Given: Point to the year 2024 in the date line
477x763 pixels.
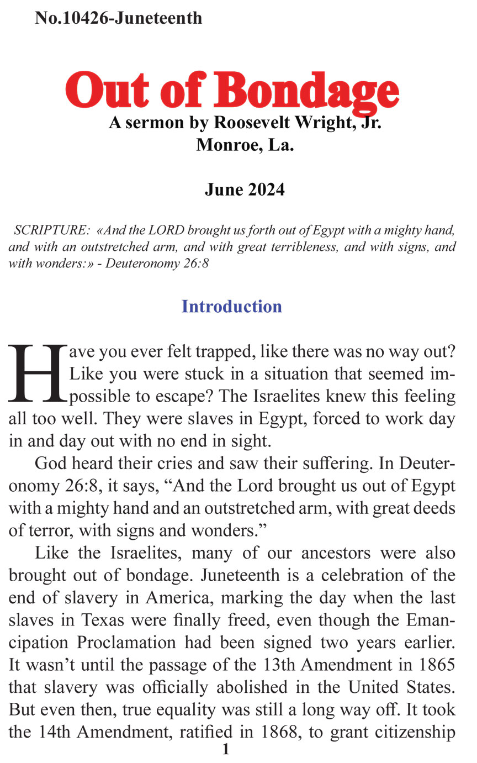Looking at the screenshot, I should point(266,190).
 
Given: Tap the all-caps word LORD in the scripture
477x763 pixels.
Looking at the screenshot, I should point(166,229).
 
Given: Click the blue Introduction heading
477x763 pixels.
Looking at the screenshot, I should point(232,307).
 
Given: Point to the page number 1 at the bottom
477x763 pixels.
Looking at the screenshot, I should point(225,750).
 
